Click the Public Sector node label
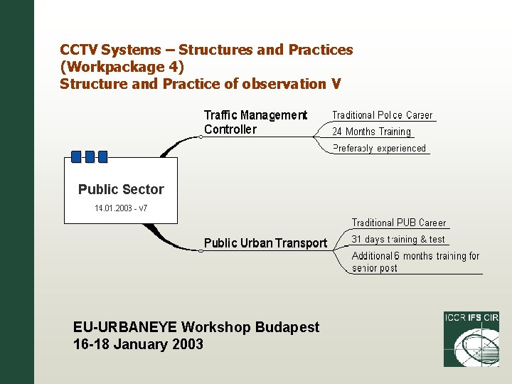121,189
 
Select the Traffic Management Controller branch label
255,122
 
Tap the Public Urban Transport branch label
265,243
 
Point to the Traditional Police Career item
382,115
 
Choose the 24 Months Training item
371,132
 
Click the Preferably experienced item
379,149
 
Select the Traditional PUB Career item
399,223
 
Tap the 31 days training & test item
398,240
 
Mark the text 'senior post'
374,269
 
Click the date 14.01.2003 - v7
121,208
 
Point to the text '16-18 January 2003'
138,345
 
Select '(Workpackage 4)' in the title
122,67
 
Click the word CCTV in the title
79,50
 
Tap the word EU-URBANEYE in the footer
125,327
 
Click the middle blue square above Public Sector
90,156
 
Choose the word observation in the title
284,84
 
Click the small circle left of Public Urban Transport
201,250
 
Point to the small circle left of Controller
201,137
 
